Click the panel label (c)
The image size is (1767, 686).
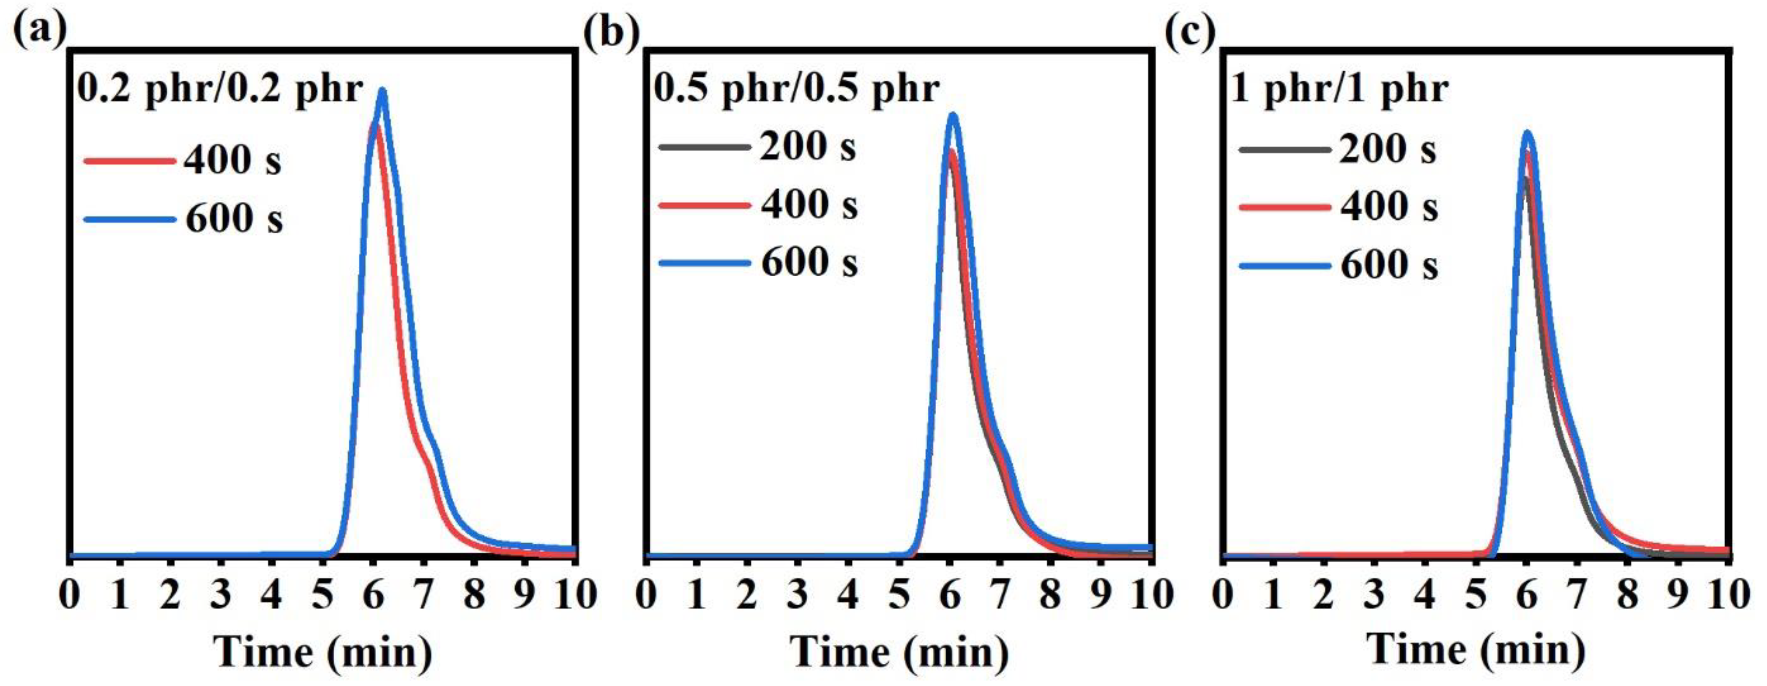coord(1190,32)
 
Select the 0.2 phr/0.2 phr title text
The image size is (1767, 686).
coord(219,89)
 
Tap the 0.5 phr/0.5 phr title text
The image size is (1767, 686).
coord(796,89)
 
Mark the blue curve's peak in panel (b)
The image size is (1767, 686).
coord(952,115)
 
